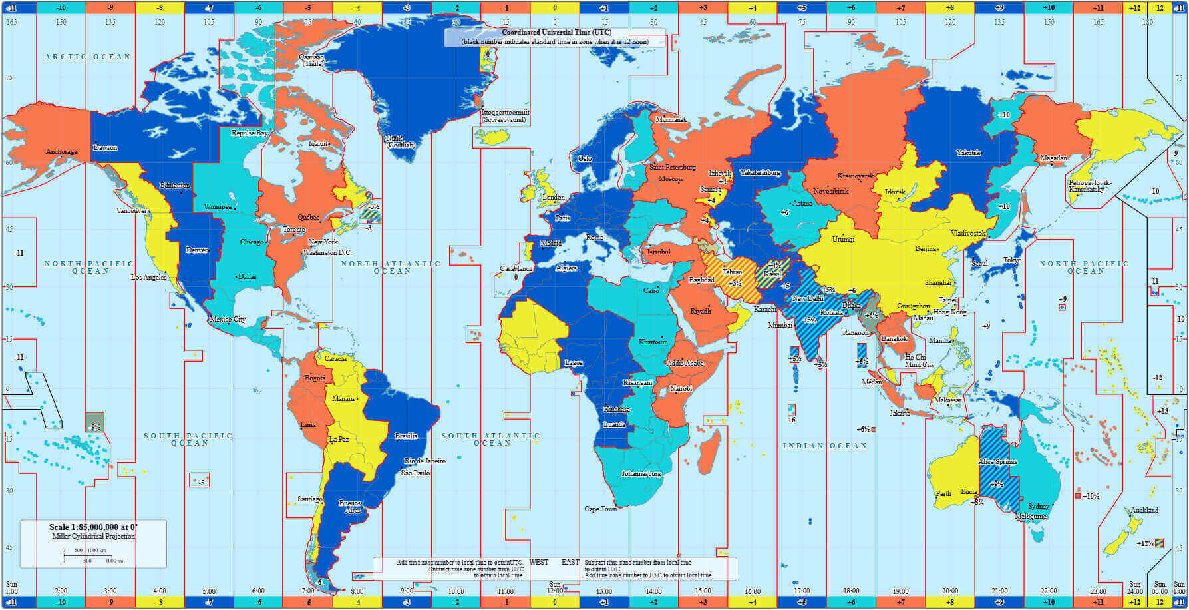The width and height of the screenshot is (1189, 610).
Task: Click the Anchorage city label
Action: point(61,152)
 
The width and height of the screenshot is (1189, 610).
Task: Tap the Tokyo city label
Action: point(1011,260)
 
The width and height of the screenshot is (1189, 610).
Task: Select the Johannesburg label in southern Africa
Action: point(641,474)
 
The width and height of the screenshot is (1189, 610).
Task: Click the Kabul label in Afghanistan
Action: point(772,273)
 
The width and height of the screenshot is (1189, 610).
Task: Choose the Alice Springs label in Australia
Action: point(997,461)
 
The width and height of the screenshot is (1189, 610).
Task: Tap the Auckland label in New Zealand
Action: point(1144,510)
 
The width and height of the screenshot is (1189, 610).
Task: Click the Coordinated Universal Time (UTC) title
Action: point(556,33)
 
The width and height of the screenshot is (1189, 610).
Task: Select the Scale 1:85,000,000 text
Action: point(93,527)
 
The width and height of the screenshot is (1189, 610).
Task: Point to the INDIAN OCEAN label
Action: point(824,446)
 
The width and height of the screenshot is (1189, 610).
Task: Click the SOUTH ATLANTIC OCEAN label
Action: point(491,439)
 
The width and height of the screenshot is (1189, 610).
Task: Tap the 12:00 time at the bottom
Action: point(555,591)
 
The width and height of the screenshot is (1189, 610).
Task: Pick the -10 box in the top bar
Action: point(61,7)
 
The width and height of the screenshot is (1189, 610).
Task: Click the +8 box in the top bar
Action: point(949,7)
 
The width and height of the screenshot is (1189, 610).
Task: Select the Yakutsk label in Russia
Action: point(968,153)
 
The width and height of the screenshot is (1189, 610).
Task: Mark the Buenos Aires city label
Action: point(350,507)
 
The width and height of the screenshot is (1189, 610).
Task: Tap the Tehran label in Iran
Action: point(732,272)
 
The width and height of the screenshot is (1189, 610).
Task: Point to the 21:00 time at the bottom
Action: point(999,591)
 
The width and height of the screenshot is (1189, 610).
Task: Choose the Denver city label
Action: point(197,250)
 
